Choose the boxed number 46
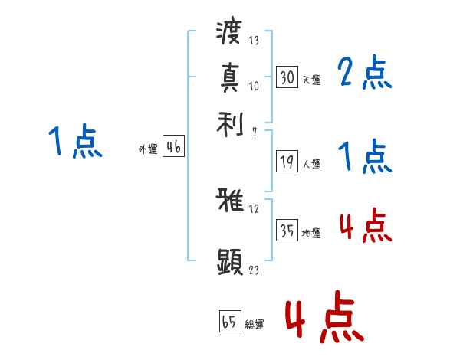(173, 148)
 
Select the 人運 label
(311, 164)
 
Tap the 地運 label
(311, 233)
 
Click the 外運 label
(148, 150)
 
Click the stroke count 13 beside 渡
(253, 40)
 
